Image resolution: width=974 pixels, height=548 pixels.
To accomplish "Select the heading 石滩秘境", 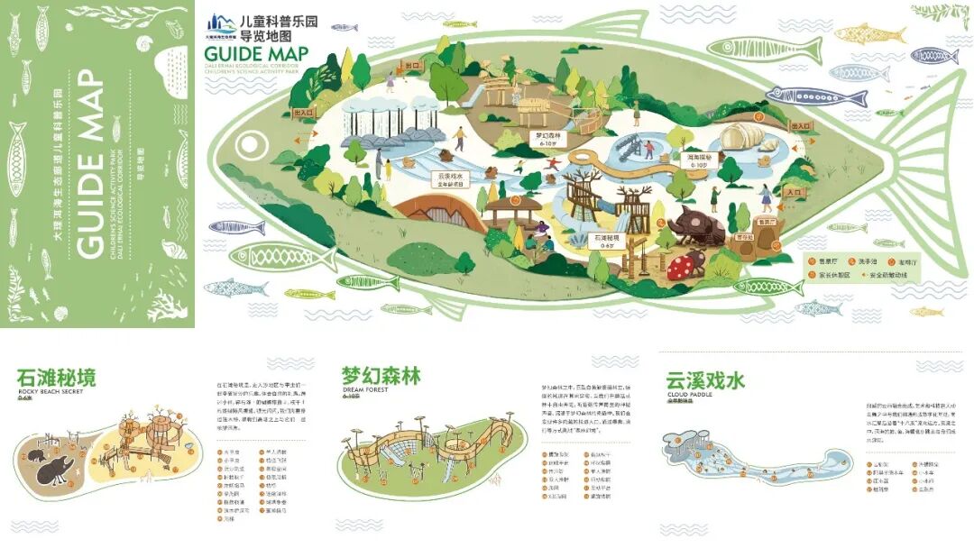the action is tap(56, 377).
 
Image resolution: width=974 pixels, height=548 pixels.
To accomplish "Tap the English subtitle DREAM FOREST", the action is tap(365, 390).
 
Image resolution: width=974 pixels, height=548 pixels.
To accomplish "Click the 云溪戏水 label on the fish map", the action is tap(451, 178).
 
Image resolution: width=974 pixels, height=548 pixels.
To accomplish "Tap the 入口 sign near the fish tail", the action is tap(793, 192).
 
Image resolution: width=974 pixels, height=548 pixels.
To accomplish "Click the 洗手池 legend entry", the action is tap(871, 260).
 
